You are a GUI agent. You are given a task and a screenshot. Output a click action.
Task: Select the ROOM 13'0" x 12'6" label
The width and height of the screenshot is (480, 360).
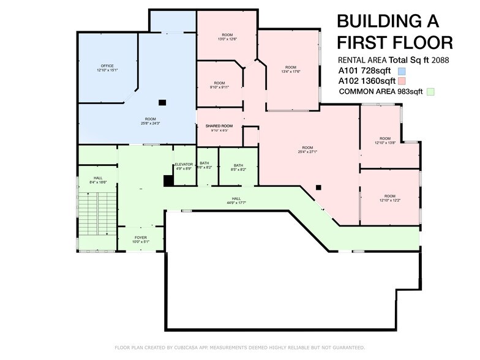[227, 36]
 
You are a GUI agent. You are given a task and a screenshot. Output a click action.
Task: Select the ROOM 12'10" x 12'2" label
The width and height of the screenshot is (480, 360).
[384, 198]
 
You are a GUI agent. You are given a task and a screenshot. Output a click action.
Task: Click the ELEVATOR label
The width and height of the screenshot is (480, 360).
[184, 165]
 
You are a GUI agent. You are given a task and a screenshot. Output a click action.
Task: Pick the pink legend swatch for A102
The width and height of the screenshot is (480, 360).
[402, 81]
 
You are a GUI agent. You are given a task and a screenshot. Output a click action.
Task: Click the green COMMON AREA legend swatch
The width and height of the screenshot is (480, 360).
[430, 92]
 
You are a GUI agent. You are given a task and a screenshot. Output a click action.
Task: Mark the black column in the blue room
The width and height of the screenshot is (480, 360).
[162, 103]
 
